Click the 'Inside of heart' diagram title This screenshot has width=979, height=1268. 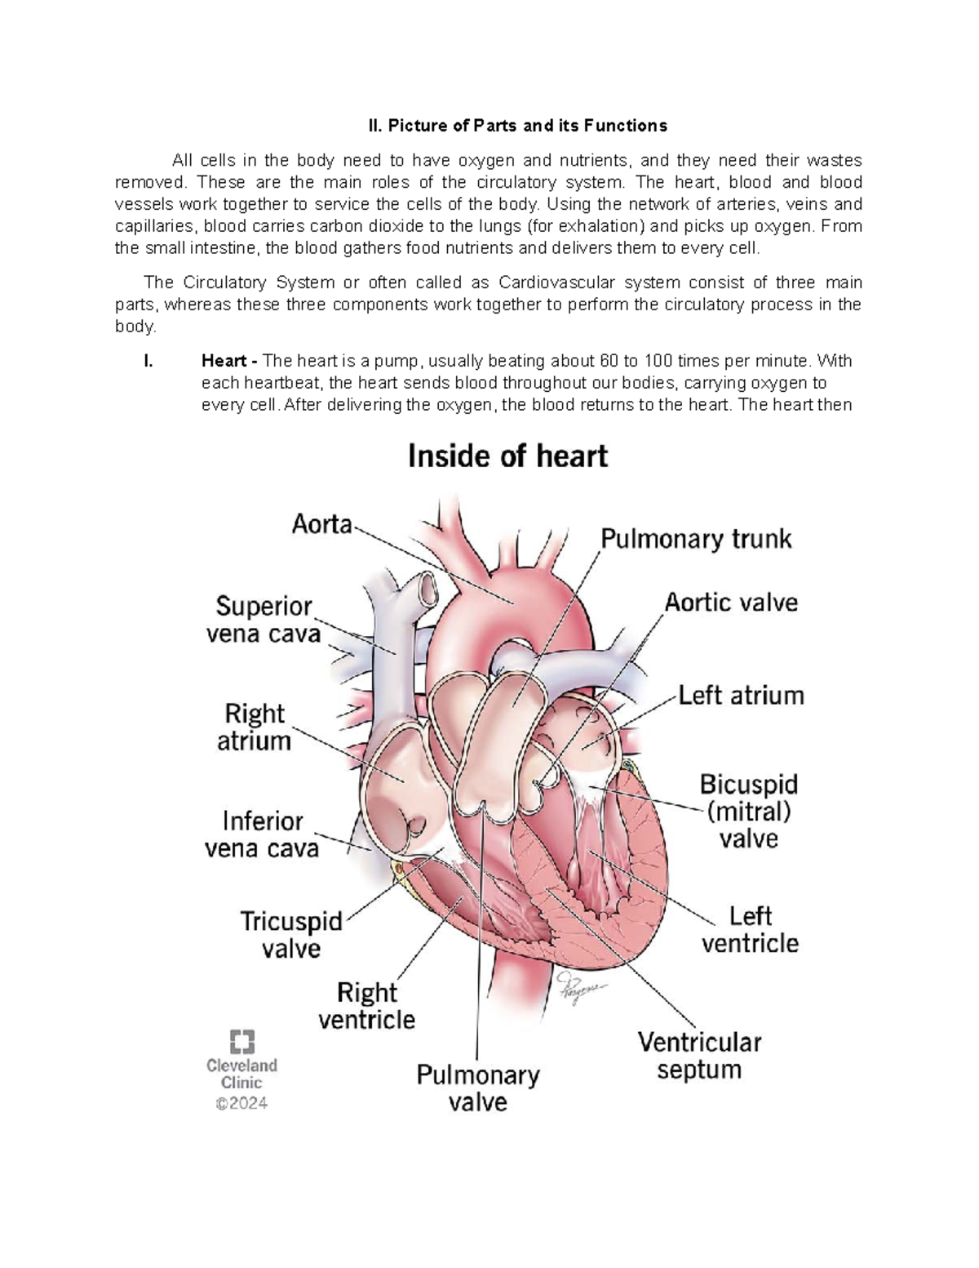click(507, 456)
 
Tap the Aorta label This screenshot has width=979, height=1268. click(322, 524)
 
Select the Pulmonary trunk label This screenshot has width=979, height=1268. click(696, 539)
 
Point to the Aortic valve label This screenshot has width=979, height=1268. click(731, 603)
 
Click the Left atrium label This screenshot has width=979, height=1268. click(741, 696)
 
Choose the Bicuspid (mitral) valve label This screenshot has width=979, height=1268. click(748, 812)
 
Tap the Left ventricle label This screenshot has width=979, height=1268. click(750, 930)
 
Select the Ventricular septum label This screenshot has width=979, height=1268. click(699, 1056)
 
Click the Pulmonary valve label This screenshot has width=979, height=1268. click(478, 1088)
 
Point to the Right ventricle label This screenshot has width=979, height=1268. click(367, 1006)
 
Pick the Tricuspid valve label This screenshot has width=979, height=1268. click(291, 935)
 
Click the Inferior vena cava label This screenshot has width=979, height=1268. click(261, 834)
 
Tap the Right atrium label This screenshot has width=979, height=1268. click(255, 727)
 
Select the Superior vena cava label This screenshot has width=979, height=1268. click(264, 620)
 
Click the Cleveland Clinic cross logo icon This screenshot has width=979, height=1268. click(242, 1042)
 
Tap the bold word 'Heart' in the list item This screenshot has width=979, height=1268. click(224, 361)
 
